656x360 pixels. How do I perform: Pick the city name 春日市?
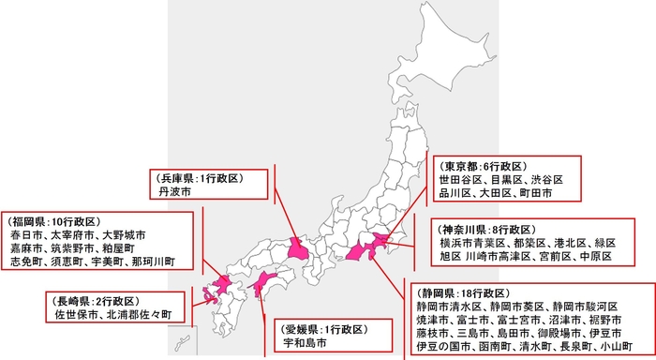point(26,233)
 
